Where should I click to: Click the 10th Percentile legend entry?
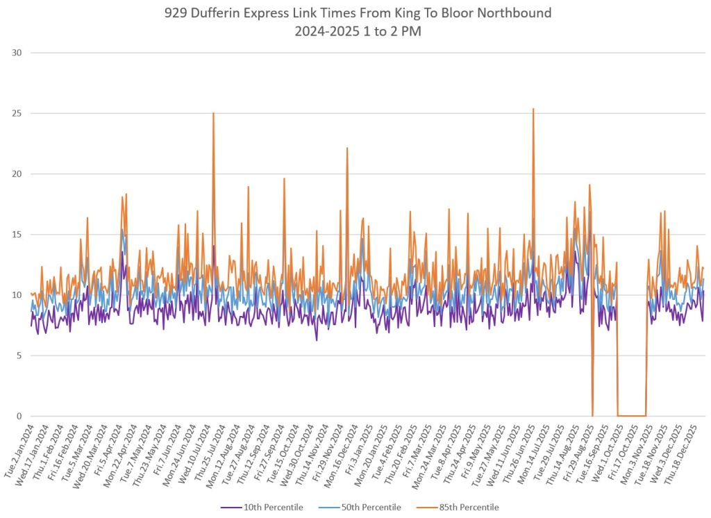click(x=273, y=508)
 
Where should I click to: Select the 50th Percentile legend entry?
click(x=367, y=508)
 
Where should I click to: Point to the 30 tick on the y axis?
click(x=16, y=53)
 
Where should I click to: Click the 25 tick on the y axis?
click(x=16, y=113)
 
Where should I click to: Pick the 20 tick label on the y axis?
click(x=16, y=174)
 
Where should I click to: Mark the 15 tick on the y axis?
click(x=16, y=235)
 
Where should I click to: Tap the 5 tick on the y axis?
click(x=19, y=356)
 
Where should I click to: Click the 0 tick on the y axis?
click(x=19, y=417)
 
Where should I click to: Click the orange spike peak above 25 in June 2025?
click(x=533, y=109)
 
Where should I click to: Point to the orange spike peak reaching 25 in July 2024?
click(x=213, y=113)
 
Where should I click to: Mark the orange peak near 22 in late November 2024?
click(x=346, y=148)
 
